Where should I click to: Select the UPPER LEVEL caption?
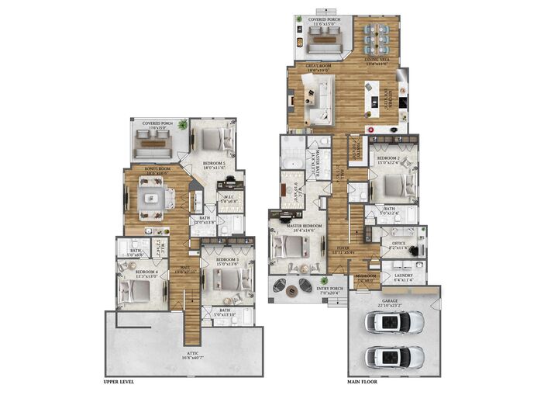(x=125, y=382)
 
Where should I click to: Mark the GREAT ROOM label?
(x=320, y=66)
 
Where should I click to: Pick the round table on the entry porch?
(x=291, y=292)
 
